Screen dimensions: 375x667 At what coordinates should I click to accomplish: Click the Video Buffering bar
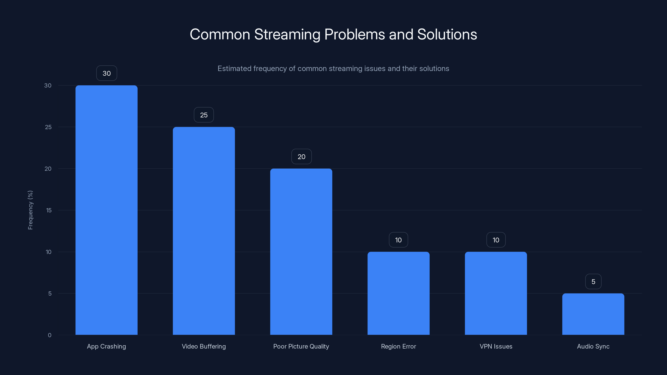(204, 231)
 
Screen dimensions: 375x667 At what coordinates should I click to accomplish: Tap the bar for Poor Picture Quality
(301, 251)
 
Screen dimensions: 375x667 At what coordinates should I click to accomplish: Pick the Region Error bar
(399, 293)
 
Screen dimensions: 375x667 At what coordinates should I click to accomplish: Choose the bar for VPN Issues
(496, 293)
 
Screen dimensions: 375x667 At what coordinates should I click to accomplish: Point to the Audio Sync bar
(593, 314)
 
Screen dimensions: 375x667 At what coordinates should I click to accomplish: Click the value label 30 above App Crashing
(107, 73)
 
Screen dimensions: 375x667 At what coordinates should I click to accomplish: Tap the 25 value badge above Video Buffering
(204, 115)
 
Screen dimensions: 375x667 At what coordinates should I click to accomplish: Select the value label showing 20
(301, 157)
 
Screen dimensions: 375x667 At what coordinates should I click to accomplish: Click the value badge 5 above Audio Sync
(593, 282)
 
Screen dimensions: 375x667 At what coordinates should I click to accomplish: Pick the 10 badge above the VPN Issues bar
(496, 240)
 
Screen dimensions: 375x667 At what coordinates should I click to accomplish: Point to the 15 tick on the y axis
(49, 210)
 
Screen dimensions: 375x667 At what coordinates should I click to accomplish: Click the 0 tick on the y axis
(49, 335)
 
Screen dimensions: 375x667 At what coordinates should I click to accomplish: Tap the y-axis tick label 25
(48, 127)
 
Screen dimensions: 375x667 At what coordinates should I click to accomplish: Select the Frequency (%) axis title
(30, 210)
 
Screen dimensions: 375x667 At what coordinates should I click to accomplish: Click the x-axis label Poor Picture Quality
(301, 346)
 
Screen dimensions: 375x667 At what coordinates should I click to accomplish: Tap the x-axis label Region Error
(399, 346)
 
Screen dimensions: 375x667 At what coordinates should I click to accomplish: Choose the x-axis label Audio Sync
(593, 346)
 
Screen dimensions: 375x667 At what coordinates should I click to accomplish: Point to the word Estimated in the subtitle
(234, 69)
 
